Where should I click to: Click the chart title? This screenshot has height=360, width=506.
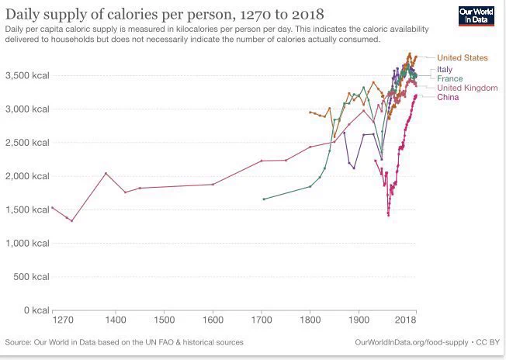coord(165,14)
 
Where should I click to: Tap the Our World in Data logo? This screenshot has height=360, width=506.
coord(477,17)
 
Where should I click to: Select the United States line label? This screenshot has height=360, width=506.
coord(462,58)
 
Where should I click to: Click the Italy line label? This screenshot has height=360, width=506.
coord(445,70)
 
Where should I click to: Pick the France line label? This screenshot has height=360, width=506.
coord(449,79)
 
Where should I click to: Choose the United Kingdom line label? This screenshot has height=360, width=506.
coord(467,88)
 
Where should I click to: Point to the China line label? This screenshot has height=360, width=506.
coord(448,98)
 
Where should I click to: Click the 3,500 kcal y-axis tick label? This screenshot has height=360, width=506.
coord(27,75)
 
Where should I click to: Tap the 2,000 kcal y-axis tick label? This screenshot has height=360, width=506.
coord(27,176)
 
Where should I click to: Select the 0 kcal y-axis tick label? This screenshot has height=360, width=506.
coord(36,310)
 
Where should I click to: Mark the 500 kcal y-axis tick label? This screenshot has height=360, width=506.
coord(32,277)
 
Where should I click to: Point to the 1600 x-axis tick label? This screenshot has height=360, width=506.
coord(213,320)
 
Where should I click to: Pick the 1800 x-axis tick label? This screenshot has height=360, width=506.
coord(310,320)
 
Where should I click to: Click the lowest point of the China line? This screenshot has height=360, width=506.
coord(388,215)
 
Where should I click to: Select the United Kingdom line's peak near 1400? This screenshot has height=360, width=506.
coord(106,173)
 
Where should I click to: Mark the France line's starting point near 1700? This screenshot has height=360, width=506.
coord(264,199)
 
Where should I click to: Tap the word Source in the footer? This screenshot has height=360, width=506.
coord(18,342)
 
